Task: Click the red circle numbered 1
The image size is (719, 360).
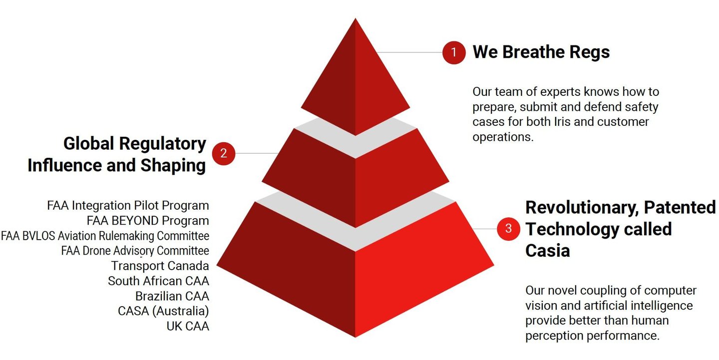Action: coord(453,52)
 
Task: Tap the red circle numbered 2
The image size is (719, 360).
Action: coord(223,153)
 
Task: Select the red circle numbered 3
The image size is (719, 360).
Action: coord(508,229)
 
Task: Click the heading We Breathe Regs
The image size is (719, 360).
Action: coord(541,52)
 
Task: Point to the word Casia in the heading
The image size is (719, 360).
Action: coord(548,251)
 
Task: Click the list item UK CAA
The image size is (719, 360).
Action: coord(188,326)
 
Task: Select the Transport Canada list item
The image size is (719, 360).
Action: coord(160,266)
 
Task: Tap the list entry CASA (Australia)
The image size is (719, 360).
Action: coord(163,311)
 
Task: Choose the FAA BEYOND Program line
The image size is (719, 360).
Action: coord(148,221)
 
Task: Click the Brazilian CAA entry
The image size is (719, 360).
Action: coord(172,296)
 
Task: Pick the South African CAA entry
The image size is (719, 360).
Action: coord(159,281)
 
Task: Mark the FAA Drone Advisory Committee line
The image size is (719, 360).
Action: coord(135,251)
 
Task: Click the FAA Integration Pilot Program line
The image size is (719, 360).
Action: coord(128,206)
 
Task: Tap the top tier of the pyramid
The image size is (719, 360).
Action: coord(356,83)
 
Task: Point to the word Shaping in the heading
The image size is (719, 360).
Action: coord(173,166)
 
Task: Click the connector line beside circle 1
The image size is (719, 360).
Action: coord(409,52)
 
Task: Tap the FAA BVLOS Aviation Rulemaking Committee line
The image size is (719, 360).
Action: coord(105,236)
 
